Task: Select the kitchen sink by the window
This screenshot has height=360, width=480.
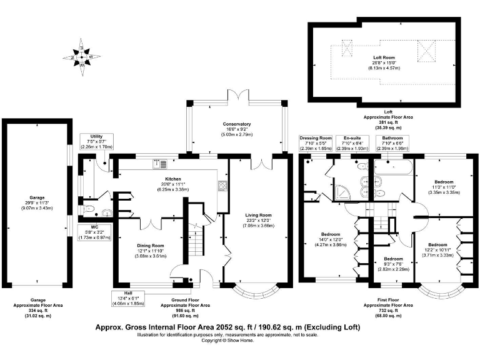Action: coord(160,165)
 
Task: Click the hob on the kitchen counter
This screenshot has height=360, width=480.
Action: coord(222,186)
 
